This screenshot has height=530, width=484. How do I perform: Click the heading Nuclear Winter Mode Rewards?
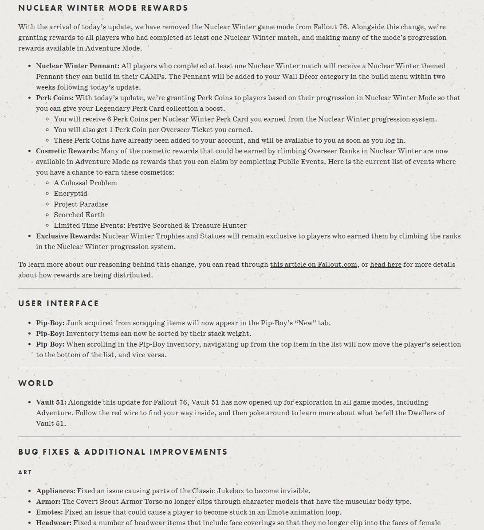coord(103,8)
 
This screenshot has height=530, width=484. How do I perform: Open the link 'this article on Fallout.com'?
coord(313,265)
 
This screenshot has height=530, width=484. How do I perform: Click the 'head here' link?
coord(386,265)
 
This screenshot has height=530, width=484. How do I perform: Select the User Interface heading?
coord(59,304)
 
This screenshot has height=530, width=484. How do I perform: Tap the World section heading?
coord(36,383)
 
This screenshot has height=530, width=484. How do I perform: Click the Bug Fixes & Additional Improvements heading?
coord(123,452)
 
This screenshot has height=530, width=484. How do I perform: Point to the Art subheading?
coord(25,472)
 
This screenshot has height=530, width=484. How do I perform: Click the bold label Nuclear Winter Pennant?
coord(78,66)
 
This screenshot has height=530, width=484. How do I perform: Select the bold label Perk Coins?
coord(55,98)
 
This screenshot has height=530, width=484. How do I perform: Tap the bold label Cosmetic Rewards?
coord(67,151)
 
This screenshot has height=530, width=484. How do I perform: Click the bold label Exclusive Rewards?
coord(68,236)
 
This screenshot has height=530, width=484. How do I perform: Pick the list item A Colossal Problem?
coord(85,183)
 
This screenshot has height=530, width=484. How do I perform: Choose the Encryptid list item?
coord(71,194)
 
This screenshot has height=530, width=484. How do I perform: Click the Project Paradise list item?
coord(81,204)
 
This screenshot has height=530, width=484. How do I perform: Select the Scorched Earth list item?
coord(79,215)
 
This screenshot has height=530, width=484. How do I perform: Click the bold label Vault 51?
coord(51,402)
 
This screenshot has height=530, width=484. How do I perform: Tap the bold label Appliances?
coord(55,491)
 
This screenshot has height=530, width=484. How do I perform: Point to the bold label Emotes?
coord(49,512)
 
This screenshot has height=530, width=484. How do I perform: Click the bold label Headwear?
coord(54,523)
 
